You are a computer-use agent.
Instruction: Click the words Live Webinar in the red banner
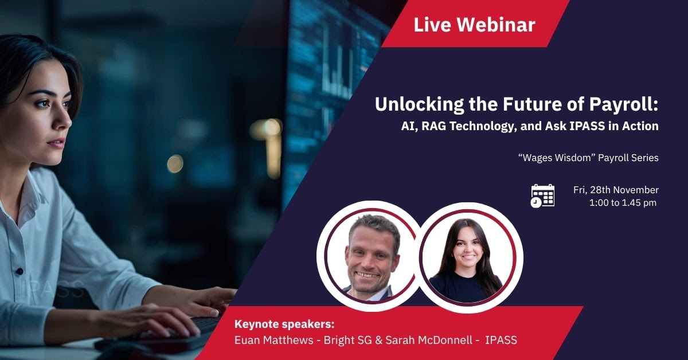click(475, 25)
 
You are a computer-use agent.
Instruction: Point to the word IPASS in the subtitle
click(587, 126)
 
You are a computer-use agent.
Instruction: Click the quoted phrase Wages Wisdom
click(557, 158)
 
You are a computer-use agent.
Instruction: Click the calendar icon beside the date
click(543, 196)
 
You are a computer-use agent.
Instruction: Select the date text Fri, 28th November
click(616, 190)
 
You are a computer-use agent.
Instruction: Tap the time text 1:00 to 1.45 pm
click(623, 203)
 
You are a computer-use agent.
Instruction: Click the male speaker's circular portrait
click(370, 256)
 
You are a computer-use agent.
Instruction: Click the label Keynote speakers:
click(284, 324)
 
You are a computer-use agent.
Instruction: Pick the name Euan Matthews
click(273, 340)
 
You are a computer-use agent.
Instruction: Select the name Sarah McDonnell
click(429, 340)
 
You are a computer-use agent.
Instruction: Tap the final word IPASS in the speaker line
click(501, 340)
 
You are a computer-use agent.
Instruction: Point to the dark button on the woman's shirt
click(19, 271)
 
